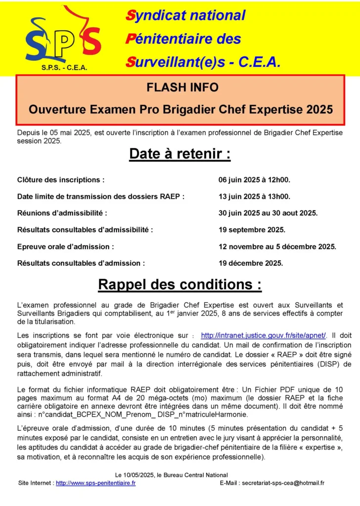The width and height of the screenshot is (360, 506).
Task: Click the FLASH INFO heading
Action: (x=182, y=87)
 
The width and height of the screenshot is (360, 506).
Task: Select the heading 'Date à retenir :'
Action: (x=180, y=154)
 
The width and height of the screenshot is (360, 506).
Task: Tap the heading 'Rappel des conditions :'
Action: (x=180, y=285)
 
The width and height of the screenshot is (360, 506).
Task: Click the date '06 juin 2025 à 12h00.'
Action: (x=254, y=180)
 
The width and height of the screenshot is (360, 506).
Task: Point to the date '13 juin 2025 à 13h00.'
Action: (x=254, y=197)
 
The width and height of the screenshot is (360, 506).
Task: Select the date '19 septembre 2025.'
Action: (x=252, y=230)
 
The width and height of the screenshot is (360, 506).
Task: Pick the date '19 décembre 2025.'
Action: (x=251, y=263)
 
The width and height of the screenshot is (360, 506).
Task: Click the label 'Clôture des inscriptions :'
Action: (x=61, y=180)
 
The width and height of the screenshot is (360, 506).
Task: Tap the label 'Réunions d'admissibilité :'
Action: (x=62, y=213)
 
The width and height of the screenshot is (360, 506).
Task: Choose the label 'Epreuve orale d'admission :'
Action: (x=66, y=247)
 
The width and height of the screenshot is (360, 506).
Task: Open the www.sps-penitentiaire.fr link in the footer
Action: (x=95, y=483)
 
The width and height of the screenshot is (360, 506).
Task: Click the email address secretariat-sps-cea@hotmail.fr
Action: (x=283, y=483)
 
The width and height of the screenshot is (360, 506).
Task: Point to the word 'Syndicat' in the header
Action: (x=155, y=15)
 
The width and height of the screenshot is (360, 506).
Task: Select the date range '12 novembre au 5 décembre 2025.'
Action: (x=277, y=247)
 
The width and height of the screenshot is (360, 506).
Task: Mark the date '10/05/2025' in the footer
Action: (x=145, y=475)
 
